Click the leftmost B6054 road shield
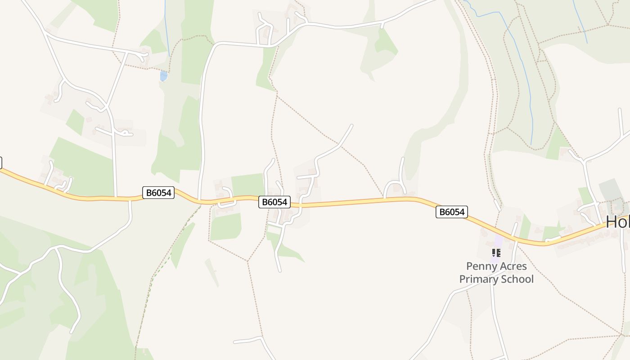(x=158, y=193)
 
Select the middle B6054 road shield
(x=274, y=202)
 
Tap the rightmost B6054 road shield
(x=451, y=212)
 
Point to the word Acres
(x=514, y=266)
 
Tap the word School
(x=518, y=279)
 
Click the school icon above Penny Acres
(x=496, y=252)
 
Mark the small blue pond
(x=163, y=76)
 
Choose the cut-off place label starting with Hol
(x=617, y=222)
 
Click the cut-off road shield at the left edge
(x=0, y=162)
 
